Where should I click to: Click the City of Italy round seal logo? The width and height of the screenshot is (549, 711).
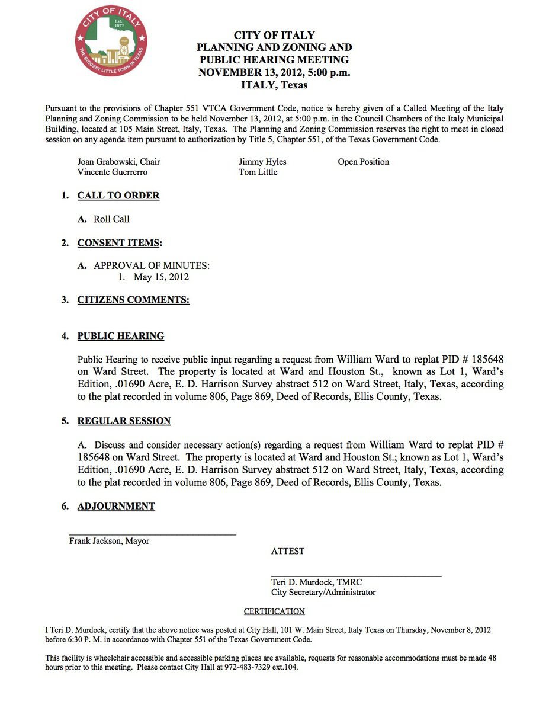[111, 41]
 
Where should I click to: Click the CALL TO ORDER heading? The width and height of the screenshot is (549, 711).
[118, 196]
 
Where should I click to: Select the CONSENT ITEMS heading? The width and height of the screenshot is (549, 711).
[119, 243]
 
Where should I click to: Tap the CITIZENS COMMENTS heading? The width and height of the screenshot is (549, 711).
[133, 300]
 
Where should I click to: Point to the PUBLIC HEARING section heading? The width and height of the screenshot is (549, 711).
[121, 336]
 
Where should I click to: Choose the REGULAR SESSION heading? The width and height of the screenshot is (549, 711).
[124, 421]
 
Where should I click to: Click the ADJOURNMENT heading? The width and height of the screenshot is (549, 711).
[116, 506]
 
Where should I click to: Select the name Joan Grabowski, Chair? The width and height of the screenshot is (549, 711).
[118, 162]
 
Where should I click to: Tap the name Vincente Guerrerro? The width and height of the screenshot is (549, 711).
[113, 172]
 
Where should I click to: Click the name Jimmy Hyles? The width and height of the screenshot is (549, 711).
[262, 162]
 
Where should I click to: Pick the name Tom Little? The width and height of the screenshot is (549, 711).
[258, 172]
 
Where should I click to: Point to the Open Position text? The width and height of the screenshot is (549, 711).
[364, 162]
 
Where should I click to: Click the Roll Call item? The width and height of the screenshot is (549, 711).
[111, 219]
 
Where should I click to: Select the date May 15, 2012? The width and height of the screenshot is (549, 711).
[161, 277]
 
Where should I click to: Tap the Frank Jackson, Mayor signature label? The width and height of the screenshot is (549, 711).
[109, 541]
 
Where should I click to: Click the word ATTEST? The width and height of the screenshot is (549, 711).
[288, 551]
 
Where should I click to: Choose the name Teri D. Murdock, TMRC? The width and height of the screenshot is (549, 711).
[316, 582]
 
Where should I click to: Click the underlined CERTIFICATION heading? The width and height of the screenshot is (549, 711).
[274, 611]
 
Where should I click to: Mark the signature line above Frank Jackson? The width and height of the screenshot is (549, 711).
[153, 534]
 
